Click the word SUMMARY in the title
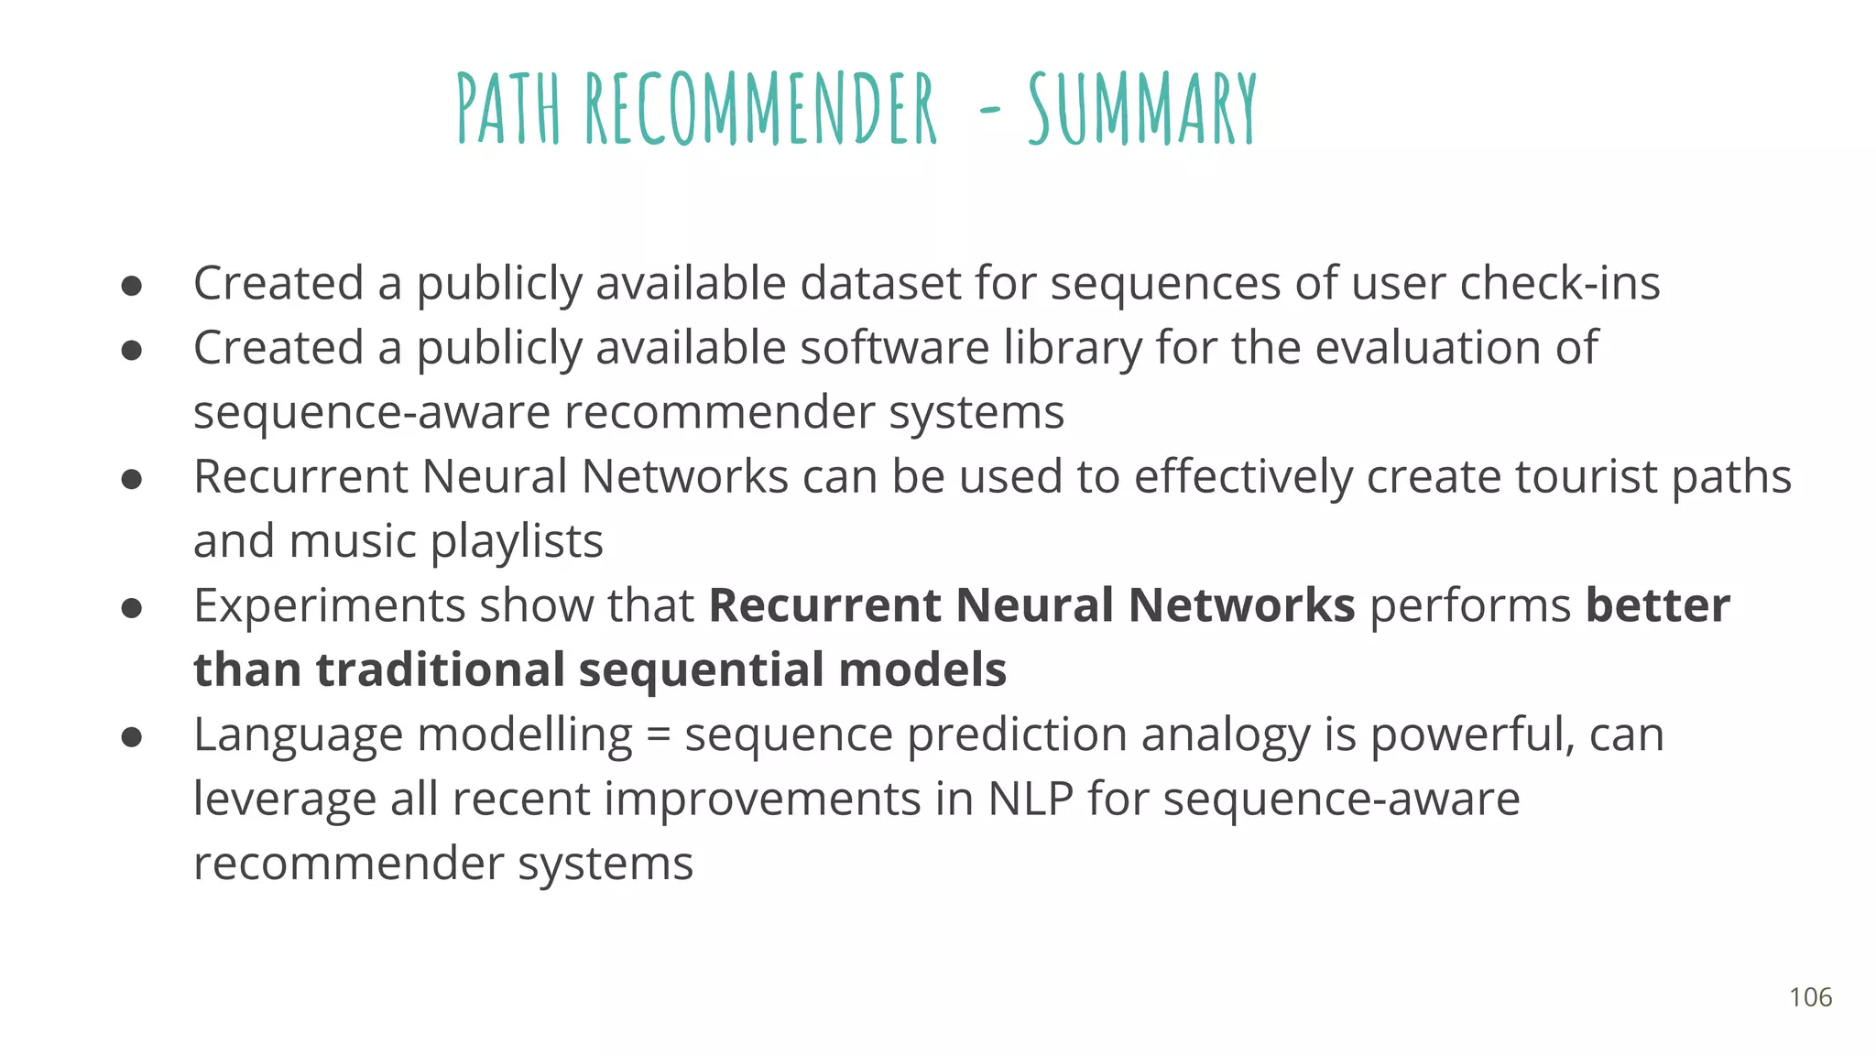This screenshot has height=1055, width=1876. point(1142,109)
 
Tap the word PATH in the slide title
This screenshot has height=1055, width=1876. point(508,109)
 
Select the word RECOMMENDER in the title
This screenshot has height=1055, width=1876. point(761,109)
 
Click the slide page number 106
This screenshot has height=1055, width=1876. point(1810,997)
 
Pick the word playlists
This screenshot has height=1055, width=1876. point(517,541)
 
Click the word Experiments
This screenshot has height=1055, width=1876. point(329,606)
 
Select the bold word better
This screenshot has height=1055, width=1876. point(1658,605)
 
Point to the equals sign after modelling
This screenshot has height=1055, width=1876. point(658,735)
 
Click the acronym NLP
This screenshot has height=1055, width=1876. point(1031,799)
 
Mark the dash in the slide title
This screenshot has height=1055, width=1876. point(989,112)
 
